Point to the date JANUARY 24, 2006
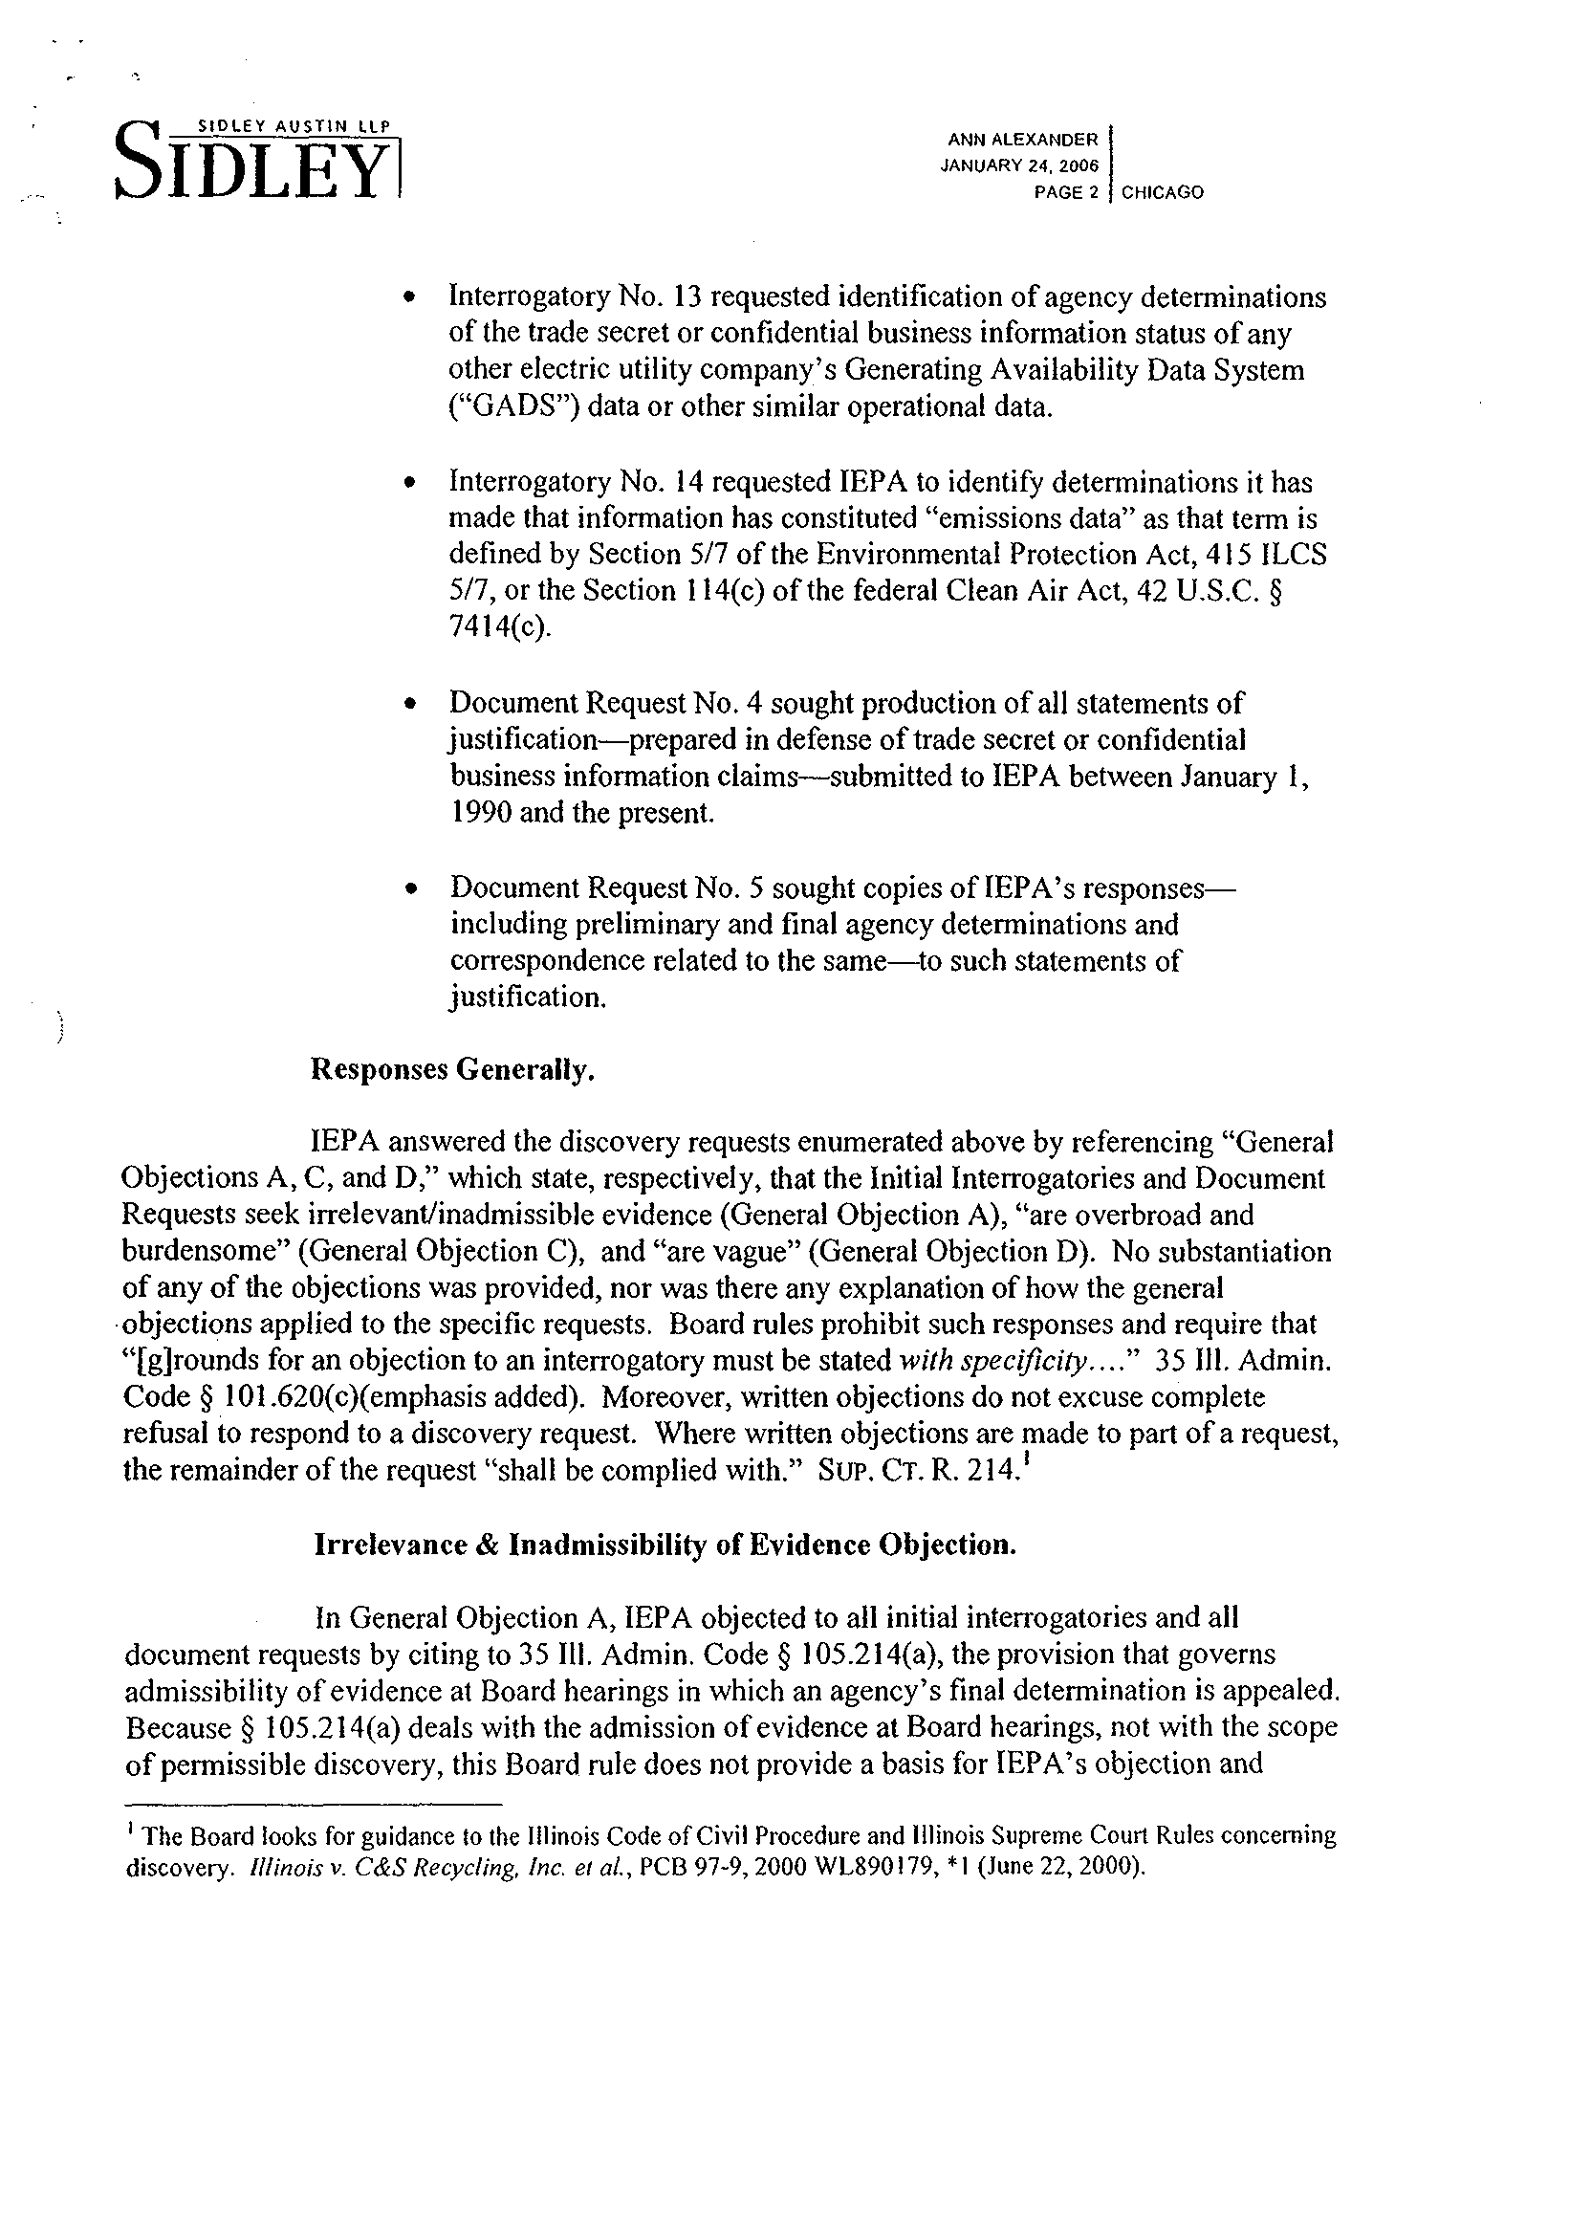[x=1020, y=165]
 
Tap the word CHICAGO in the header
[x=1163, y=193]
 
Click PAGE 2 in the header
[x=1067, y=193]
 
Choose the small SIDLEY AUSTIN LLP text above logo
[x=294, y=125]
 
